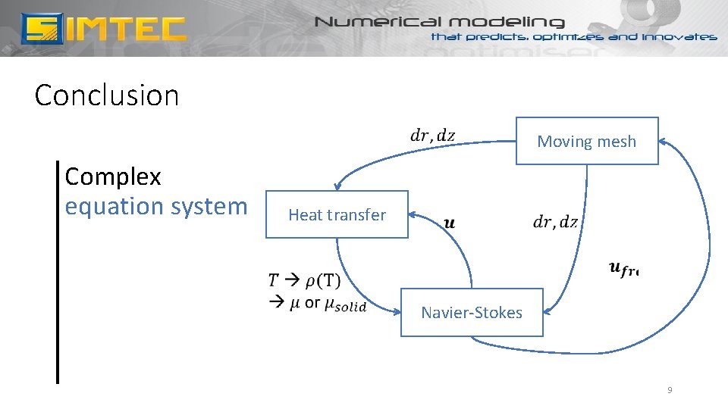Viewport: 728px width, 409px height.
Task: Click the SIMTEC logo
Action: click(103, 28)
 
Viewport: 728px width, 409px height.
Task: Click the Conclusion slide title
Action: click(107, 95)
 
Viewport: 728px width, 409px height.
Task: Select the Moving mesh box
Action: click(586, 141)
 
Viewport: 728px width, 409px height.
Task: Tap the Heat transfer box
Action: click(337, 214)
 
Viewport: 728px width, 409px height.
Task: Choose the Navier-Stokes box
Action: click(472, 312)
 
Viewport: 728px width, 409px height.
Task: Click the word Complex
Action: click(113, 176)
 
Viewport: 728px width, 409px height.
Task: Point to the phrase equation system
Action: click(155, 206)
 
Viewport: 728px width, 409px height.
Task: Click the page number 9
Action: click(669, 390)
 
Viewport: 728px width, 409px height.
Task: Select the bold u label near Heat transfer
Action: click(449, 223)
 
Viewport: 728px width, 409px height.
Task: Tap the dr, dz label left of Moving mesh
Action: click(432, 136)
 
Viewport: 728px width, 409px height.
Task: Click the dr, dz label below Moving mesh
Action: click(555, 222)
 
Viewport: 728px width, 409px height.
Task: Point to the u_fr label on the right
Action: click(623, 267)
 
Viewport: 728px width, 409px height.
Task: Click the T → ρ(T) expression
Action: click(304, 280)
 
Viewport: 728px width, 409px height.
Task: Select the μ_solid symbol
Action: click(345, 304)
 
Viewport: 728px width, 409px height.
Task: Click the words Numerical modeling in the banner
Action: click(440, 22)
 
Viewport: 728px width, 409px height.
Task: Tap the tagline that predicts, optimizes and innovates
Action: click(573, 36)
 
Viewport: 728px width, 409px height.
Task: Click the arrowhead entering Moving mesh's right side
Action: click(662, 141)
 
